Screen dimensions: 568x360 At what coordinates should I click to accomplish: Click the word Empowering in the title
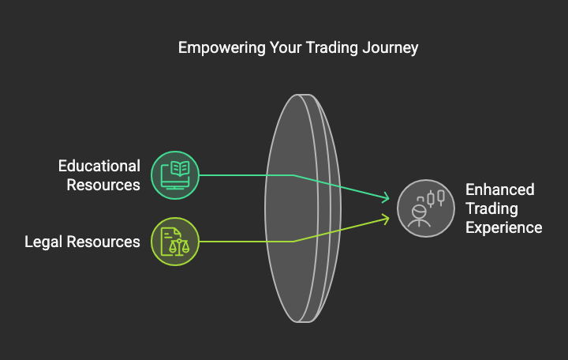coord(222,48)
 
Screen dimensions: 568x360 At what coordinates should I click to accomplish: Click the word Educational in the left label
coord(99,166)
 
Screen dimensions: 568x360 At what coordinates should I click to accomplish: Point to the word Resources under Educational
coord(103,185)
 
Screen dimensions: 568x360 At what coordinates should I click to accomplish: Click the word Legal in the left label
coord(43,242)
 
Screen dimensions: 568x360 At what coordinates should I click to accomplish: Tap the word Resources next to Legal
coord(103,242)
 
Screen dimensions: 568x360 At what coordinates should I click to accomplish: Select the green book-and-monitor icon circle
coord(175,175)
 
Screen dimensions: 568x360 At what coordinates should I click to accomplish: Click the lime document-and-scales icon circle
coord(175,242)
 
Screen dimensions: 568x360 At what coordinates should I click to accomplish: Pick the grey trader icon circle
coord(426,208)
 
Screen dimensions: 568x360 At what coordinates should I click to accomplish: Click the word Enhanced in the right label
coord(500,189)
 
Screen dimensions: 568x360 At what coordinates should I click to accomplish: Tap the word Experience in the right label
coord(504,227)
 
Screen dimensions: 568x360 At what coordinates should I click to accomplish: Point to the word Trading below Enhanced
coord(491,209)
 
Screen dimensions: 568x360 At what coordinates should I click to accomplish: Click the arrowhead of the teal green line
coord(386,198)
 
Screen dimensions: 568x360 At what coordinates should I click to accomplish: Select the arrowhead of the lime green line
coord(386,219)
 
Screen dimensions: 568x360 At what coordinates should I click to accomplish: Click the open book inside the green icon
coord(180,169)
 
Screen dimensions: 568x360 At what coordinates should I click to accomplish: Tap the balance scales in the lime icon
coord(179,247)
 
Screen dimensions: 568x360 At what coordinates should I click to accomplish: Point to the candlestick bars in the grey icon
coord(435,198)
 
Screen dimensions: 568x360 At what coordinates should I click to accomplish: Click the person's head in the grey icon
coord(419,212)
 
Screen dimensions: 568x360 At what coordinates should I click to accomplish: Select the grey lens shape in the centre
coord(303,208)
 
